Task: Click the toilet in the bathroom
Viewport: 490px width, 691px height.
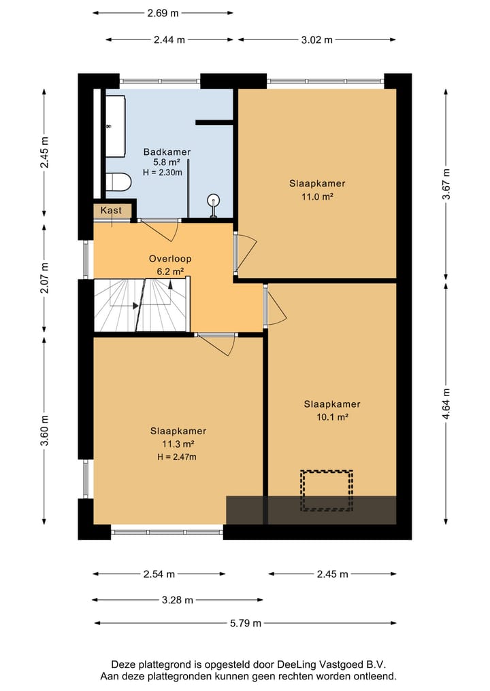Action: [118, 182]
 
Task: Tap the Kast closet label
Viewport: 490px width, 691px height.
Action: [111, 210]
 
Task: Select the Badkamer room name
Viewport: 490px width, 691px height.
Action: [167, 152]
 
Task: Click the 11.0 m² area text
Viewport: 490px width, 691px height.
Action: [317, 196]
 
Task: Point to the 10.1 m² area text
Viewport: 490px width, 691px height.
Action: [332, 417]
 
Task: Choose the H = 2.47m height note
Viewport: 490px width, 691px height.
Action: [176, 457]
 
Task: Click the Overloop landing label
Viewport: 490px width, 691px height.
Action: [170, 259]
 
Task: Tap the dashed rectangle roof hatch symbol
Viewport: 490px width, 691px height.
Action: [327, 491]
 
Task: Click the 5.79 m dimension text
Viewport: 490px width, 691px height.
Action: [246, 623]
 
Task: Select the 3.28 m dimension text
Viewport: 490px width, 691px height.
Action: [178, 600]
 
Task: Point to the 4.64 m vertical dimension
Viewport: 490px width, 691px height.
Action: [446, 404]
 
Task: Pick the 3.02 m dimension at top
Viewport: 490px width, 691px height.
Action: [317, 39]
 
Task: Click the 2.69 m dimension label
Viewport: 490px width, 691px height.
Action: [163, 13]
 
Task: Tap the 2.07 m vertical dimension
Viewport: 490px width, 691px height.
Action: [44, 278]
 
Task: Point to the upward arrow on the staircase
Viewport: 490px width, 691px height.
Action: [170, 285]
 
